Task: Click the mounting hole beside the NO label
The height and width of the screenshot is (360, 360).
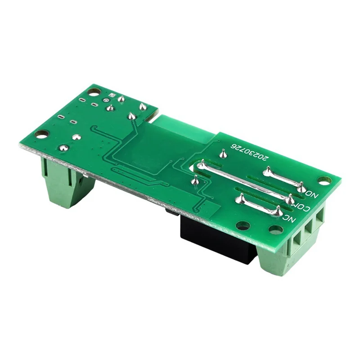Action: pyautogui.click(x=324, y=180)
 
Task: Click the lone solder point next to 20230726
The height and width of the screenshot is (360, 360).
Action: pyautogui.click(x=223, y=154)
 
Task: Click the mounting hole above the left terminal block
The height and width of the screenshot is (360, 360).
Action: pyautogui.click(x=41, y=134)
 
